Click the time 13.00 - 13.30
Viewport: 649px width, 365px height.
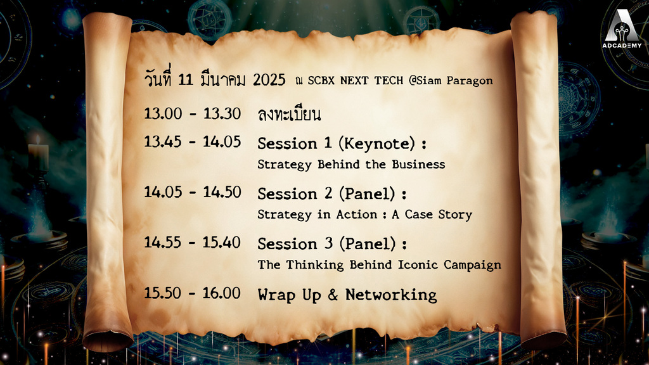(192, 113)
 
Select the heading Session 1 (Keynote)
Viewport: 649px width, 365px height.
(341, 143)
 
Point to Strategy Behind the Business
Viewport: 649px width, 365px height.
(351, 164)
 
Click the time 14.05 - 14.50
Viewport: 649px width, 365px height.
(192, 191)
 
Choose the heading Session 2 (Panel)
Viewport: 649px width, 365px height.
(331, 193)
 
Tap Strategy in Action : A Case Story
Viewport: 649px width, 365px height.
(364, 214)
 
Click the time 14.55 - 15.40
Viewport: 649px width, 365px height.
(192, 242)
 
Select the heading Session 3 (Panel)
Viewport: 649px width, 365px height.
(331, 243)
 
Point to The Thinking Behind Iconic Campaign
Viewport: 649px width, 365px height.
(379, 264)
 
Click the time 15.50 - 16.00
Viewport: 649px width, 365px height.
(192, 293)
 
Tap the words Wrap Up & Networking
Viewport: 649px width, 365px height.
(347, 295)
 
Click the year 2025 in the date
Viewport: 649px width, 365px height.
(269, 80)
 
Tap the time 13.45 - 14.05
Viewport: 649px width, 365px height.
(192, 141)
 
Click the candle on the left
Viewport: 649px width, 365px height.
(38, 155)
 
